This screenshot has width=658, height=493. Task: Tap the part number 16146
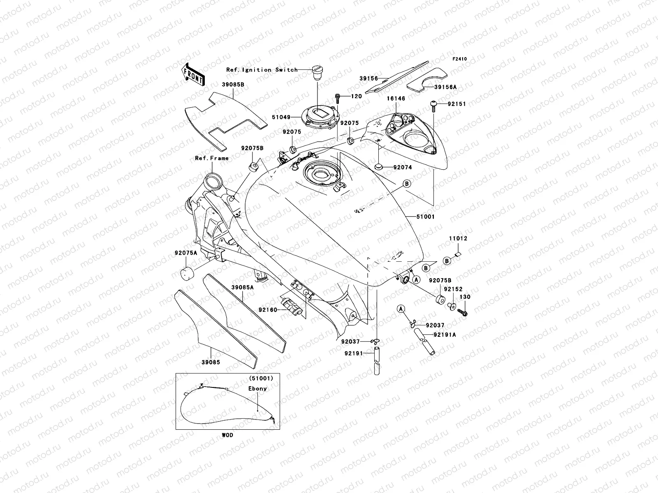pyautogui.click(x=396, y=99)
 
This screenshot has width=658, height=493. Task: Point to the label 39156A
pyautogui.click(x=445, y=87)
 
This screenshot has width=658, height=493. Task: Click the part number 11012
pyautogui.click(x=457, y=238)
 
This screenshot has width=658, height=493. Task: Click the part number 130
pyautogui.click(x=465, y=297)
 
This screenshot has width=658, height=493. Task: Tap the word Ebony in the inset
pyautogui.click(x=257, y=388)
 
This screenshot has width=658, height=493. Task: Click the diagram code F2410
pyautogui.click(x=460, y=59)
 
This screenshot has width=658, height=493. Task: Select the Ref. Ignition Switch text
pyautogui.click(x=262, y=70)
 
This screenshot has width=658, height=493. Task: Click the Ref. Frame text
pyautogui.click(x=211, y=158)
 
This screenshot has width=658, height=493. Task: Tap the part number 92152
pyautogui.click(x=452, y=289)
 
